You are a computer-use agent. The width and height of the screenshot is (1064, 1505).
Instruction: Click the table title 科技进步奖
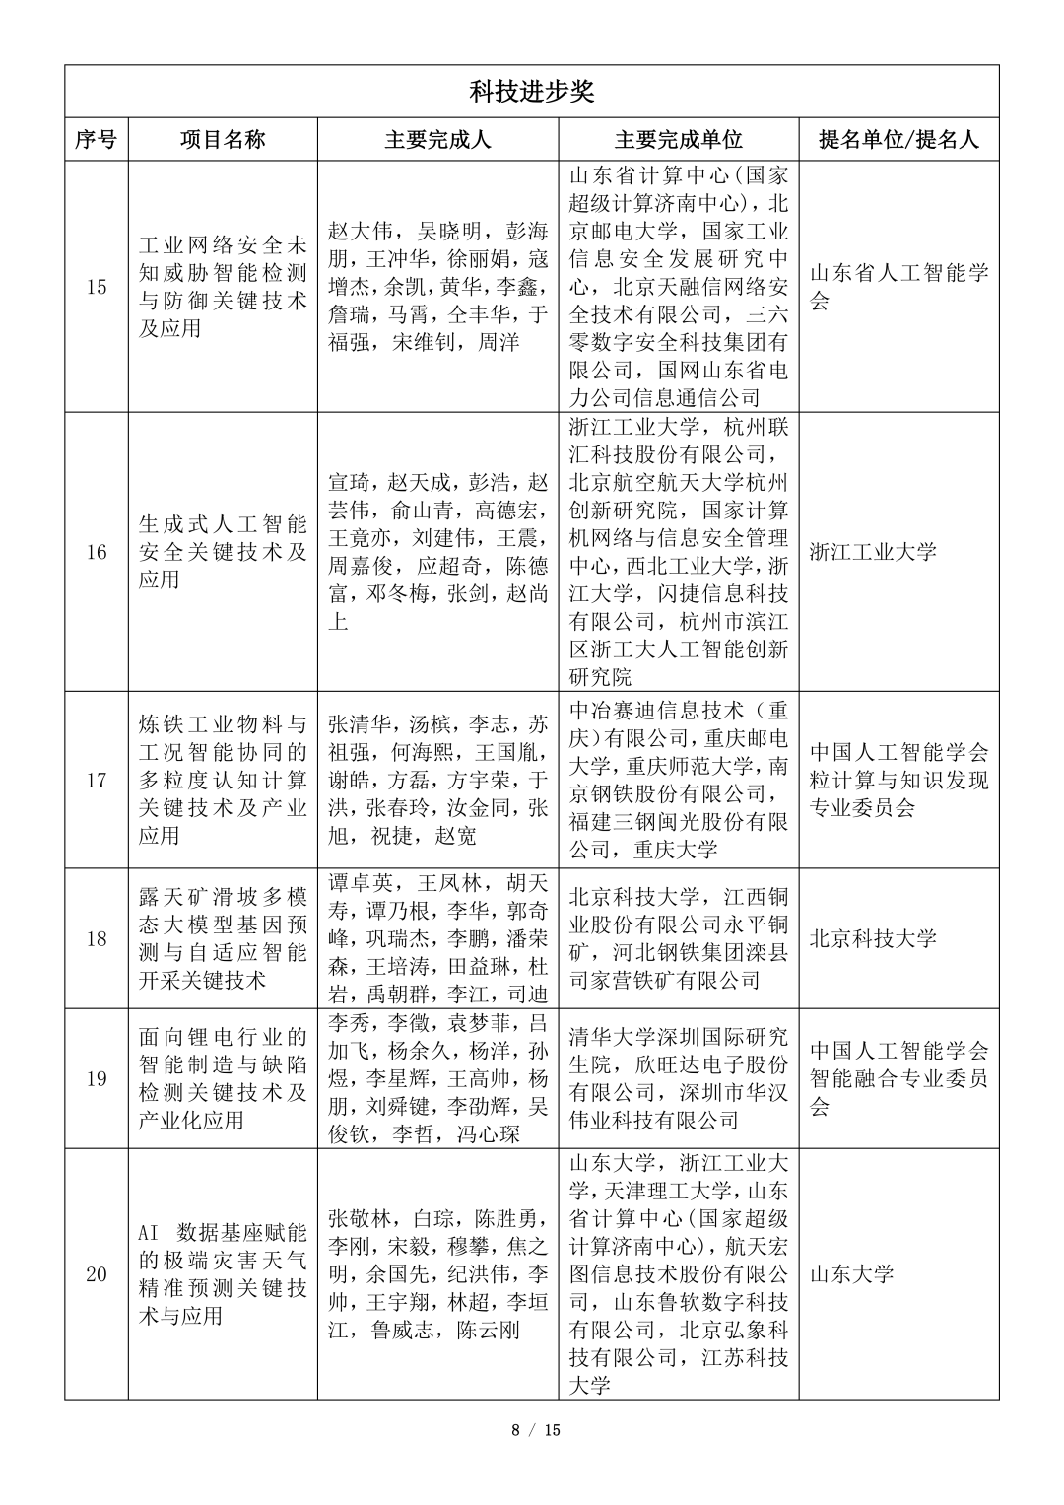coord(531,93)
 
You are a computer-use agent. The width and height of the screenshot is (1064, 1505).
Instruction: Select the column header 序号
coord(96,140)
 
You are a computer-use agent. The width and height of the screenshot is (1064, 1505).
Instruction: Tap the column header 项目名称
coord(223,140)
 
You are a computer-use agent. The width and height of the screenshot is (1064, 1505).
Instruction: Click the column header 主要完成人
coord(437,140)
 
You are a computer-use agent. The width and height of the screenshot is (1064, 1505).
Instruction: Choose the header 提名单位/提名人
coord(898,140)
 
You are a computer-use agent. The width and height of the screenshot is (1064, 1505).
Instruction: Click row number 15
coord(96,288)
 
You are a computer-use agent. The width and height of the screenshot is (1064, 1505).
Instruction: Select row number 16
coord(96,552)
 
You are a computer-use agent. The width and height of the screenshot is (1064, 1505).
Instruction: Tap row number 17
coord(96,781)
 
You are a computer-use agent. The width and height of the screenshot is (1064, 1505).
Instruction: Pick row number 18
coord(96,938)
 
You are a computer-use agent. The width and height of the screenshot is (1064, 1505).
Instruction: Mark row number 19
coord(96,1078)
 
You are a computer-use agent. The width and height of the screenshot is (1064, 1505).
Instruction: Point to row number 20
coord(96,1274)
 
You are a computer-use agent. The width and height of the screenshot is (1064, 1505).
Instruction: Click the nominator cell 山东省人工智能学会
coord(898,287)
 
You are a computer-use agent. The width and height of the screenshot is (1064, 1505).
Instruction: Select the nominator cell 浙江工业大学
coord(873,552)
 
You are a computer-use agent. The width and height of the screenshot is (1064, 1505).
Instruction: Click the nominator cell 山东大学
coord(851,1274)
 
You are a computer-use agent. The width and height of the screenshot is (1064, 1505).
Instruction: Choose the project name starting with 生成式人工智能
coord(223,552)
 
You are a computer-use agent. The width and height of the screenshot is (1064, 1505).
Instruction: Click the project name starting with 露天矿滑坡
coord(223,938)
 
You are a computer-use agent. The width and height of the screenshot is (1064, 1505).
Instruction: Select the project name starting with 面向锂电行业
coord(223,1078)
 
